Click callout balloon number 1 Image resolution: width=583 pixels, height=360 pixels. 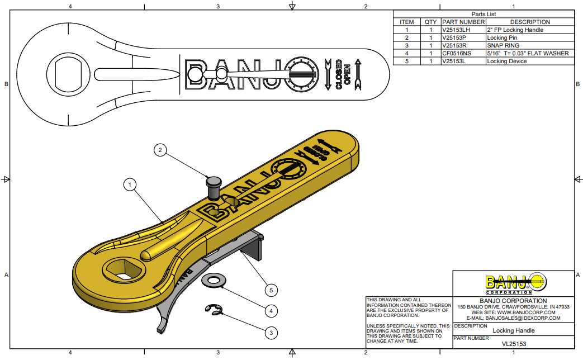(130, 184)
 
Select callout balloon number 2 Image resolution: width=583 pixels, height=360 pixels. (160, 149)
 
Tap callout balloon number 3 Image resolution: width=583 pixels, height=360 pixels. (271, 333)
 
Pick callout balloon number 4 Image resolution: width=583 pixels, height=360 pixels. (271, 310)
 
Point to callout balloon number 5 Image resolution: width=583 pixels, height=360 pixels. (271, 290)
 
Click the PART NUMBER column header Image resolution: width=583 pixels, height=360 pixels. (463, 22)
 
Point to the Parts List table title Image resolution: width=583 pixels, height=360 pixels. (484, 14)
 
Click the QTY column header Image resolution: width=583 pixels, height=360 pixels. (430, 22)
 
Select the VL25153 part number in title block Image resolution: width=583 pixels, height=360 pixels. (513, 344)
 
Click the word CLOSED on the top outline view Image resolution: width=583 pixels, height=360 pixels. (338, 74)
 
